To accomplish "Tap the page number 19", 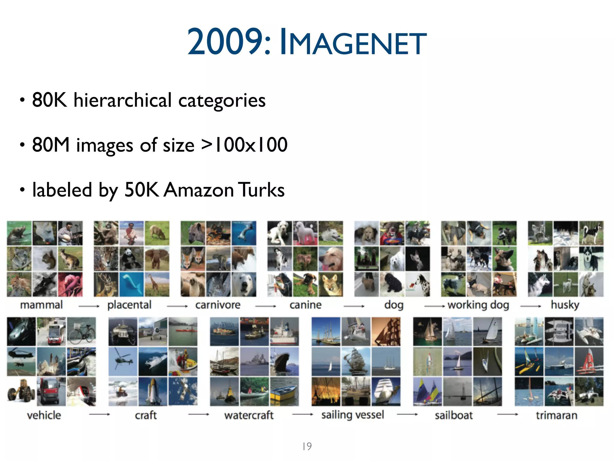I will click(307, 446).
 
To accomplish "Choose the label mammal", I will click(41, 305).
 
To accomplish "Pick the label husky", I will click(565, 305).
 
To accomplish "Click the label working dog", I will click(478, 305).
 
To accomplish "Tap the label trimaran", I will click(556, 415).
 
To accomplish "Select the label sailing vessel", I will click(353, 415).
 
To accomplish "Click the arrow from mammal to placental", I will click(89, 306).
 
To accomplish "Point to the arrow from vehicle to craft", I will click(100, 414).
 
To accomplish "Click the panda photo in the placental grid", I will click(131, 259).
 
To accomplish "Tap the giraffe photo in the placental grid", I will click(157, 284).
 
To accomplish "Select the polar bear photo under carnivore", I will click(244, 284).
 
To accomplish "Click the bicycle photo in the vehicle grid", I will click(82, 331).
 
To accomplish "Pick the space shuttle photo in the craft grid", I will click(153, 391).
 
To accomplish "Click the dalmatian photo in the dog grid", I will click(418, 284).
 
